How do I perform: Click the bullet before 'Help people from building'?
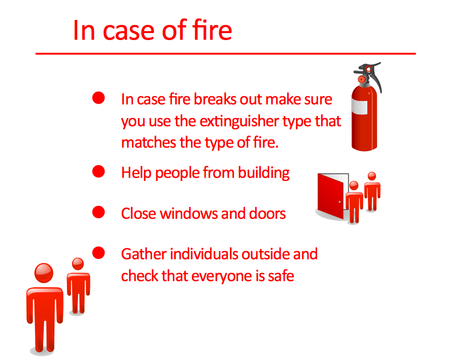[x=99, y=171]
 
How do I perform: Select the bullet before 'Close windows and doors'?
[x=99, y=212]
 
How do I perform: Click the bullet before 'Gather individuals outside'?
[x=99, y=253]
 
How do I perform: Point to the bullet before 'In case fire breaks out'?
[x=99, y=98]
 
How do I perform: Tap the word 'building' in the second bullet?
[x=264, y=173]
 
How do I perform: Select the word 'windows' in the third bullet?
[x=189, y=213]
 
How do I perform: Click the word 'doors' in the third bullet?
[x=267, y=213]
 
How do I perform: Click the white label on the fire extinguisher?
[x=359, y=107]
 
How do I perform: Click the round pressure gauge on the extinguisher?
[x=362, y=79]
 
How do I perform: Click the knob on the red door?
[x=339, y=202]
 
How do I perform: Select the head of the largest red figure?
[x=44, y=273]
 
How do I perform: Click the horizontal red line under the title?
[x=226, y=54]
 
